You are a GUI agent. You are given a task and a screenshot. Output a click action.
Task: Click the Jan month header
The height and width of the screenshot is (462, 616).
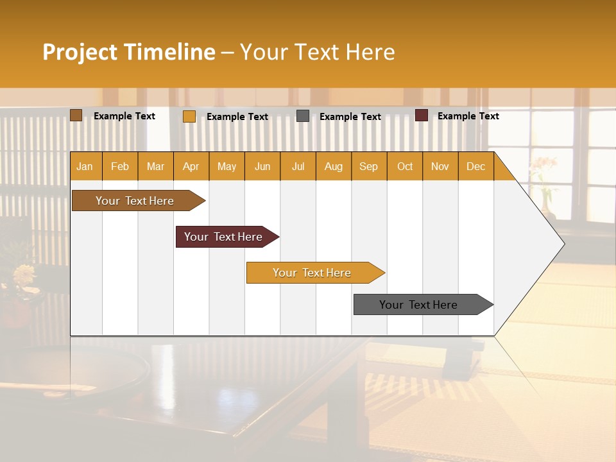[85, 166]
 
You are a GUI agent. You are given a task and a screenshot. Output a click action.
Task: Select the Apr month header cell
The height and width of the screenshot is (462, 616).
[191, 166]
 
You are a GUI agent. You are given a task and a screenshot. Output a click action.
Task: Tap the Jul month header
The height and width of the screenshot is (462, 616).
[298, 166]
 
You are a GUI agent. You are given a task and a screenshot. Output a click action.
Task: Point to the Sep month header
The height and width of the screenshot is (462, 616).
[368, 166]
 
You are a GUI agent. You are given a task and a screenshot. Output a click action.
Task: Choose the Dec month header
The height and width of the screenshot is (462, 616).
[475, 166]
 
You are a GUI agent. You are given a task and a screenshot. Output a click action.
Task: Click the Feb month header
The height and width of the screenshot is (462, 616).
[120, 166]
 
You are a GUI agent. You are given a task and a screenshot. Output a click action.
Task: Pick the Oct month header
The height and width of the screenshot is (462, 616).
[405, 166]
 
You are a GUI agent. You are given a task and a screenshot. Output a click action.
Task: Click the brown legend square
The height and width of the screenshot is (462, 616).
[76, 116]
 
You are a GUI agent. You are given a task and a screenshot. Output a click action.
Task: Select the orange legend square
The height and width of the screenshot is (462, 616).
[189, 116]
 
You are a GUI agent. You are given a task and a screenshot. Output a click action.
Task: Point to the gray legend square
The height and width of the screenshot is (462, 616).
[303, 116]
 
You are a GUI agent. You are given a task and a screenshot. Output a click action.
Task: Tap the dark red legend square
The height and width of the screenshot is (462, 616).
[422, 116]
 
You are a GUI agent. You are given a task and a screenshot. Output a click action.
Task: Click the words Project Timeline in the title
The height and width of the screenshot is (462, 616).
[128, 52]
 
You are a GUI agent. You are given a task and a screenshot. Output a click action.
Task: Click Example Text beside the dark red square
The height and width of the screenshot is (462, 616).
[468, 116]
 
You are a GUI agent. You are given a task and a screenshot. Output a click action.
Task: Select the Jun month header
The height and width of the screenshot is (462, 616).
[262, 166]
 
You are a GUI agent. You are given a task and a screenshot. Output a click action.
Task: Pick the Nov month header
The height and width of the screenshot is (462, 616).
[440, 166]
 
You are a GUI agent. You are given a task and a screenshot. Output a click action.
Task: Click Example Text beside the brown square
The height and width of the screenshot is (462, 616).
[124, 116]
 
